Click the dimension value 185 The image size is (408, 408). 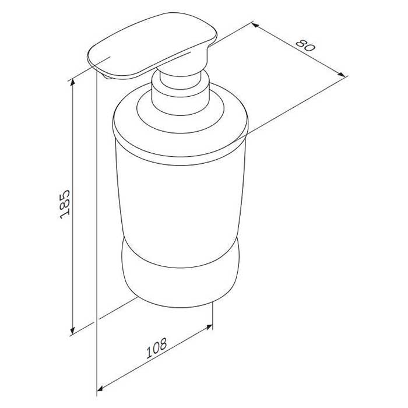coord(65,205)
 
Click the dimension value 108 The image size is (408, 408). coord(156,348)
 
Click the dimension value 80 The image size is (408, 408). coord(305,45)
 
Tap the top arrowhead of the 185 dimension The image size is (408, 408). coord(73,83)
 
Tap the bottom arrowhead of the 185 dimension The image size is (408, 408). coord(73,330)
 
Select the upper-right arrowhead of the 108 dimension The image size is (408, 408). coord(209,327)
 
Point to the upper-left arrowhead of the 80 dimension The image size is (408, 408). coord(255,25)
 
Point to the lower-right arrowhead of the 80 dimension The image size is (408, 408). coord(341,75)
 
